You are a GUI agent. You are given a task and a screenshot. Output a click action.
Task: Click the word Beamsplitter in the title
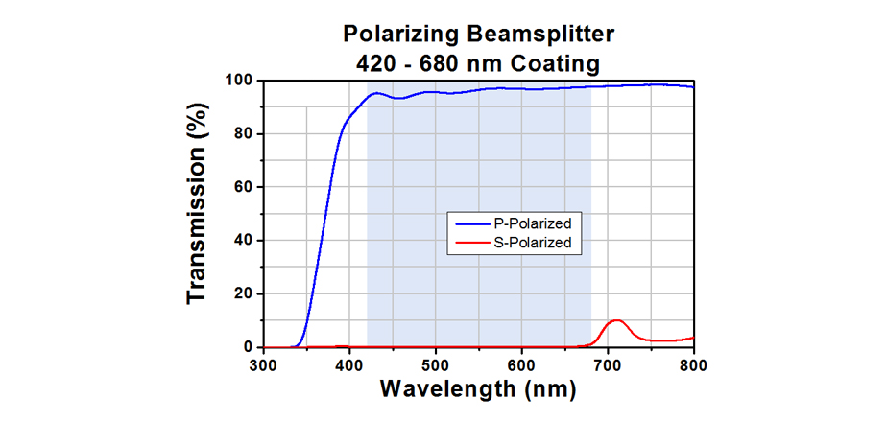(540, 35)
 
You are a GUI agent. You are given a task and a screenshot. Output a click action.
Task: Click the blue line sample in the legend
(474, 223)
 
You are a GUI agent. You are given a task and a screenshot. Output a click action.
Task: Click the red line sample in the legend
(474, 243)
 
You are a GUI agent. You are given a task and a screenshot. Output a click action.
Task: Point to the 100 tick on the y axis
(239, 81)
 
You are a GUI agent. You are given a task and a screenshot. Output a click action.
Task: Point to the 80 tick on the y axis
(243, 134)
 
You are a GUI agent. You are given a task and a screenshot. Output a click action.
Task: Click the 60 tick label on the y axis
(243, 187)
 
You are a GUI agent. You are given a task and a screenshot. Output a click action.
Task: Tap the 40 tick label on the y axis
(243, 241)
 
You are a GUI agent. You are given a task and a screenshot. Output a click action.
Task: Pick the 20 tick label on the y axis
(243, 294)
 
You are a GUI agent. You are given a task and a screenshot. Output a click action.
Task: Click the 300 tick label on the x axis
(263, 364)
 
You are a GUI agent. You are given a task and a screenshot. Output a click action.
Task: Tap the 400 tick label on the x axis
(349, 364)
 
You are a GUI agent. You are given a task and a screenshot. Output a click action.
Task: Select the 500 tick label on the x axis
(436, 364)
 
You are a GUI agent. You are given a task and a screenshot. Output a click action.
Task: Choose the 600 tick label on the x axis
(521, 364)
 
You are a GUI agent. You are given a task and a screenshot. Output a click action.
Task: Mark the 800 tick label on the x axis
(693, 364)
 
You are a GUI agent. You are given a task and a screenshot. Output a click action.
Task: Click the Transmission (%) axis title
(198, 214)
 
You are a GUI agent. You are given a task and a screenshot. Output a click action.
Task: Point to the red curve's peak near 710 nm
(616, 320)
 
